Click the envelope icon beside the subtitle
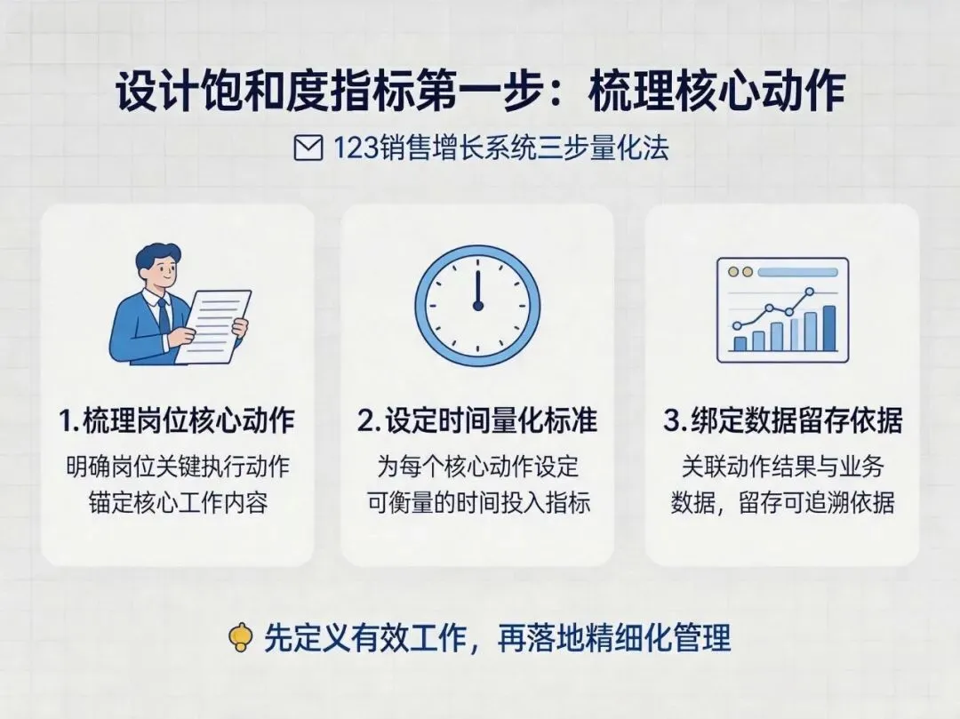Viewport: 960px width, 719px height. [308, 148]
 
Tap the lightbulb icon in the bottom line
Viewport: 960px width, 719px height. [241, 638]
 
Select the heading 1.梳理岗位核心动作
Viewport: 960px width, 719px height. [177, 420]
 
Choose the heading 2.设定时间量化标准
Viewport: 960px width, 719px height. [477, 420]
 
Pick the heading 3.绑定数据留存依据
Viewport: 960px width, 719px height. [782, 420]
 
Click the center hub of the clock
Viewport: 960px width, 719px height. [478, 306]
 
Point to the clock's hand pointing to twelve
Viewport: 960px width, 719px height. [477, 284]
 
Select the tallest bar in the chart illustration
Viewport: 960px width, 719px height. [829, 329]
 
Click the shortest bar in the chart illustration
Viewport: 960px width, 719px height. [740, 344]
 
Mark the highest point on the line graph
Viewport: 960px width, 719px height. [810, 292]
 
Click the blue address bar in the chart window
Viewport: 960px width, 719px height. [797, 272]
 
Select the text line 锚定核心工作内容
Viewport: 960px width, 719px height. [178, 503]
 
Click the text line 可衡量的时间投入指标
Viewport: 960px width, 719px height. [478, 503]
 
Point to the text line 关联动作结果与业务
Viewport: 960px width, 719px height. [782, 467]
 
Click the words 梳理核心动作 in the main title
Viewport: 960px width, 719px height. [716, 92]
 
